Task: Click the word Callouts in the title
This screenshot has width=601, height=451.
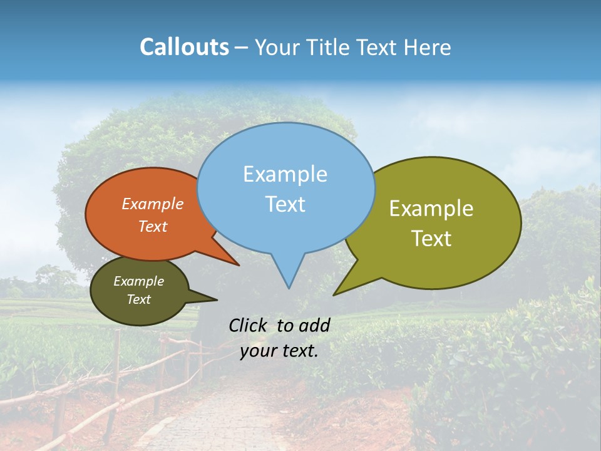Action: (x=184, y=47)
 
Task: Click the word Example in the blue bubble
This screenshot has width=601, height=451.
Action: (x=285, y=174)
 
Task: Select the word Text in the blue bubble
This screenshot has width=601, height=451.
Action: (x=285, y=204)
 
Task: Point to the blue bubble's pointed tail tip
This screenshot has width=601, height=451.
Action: (x=289, y=288)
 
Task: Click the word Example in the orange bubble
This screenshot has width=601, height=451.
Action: (x=152, y=204)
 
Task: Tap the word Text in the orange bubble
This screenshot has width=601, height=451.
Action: (x=152, y=226)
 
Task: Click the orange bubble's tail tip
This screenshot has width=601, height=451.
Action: (x=239, y=265)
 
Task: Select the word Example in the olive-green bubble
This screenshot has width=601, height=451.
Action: (x=431, y=209)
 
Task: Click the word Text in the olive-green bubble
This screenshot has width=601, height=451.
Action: (x=431, y=239)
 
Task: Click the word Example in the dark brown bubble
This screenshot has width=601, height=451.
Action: (x=138, y=281)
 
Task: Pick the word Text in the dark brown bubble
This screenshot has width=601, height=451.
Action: (x=138, y=299)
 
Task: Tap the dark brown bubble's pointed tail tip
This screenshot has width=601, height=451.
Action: (x=217, y=300)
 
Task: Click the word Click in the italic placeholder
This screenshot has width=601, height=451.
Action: (x=249, y=325)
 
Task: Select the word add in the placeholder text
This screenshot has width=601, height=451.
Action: (x=314, y=325)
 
